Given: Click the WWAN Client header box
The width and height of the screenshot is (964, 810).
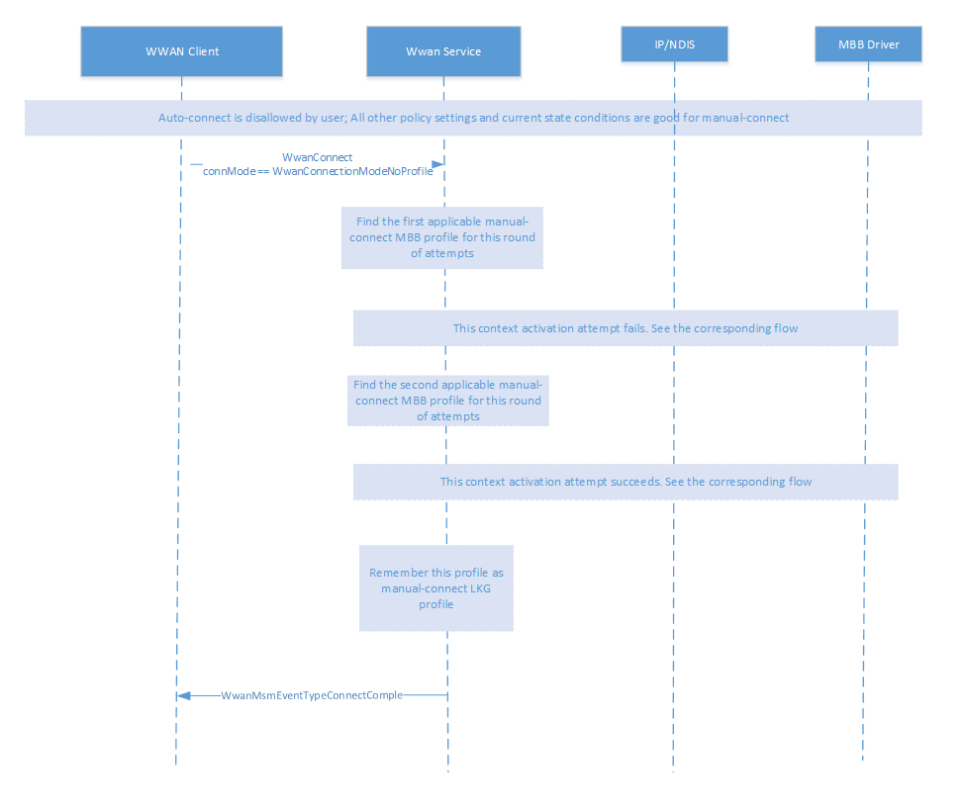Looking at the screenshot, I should click(181, 50).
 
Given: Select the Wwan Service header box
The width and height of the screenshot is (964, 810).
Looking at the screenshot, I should click(443, 51).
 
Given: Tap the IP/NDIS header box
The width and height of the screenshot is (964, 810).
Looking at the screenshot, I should click(674, 44).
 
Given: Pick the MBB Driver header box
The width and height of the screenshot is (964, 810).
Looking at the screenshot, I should click(868, 44).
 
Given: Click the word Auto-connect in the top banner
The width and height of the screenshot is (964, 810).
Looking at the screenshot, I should click(191, 118).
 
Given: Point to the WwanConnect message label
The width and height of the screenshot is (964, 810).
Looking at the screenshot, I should click(317, 157).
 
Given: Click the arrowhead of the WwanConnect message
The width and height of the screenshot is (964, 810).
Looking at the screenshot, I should click(436, 164).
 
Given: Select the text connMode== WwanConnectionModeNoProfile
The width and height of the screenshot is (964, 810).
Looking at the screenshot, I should click(317, 171).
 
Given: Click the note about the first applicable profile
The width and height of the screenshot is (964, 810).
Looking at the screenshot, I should click(442, 237).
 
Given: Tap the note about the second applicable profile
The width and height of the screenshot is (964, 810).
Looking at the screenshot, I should click(447, 401).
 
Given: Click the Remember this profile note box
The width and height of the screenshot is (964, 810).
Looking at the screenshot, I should click(435, 587).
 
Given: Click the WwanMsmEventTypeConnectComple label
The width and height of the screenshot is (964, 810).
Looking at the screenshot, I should click(311, 695).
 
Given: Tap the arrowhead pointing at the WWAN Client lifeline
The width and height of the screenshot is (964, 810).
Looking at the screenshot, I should click(182, 696).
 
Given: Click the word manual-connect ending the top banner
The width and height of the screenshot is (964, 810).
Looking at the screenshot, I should click(746, 118).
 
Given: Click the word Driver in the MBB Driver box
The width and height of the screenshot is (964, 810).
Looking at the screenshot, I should click(883, 44).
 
